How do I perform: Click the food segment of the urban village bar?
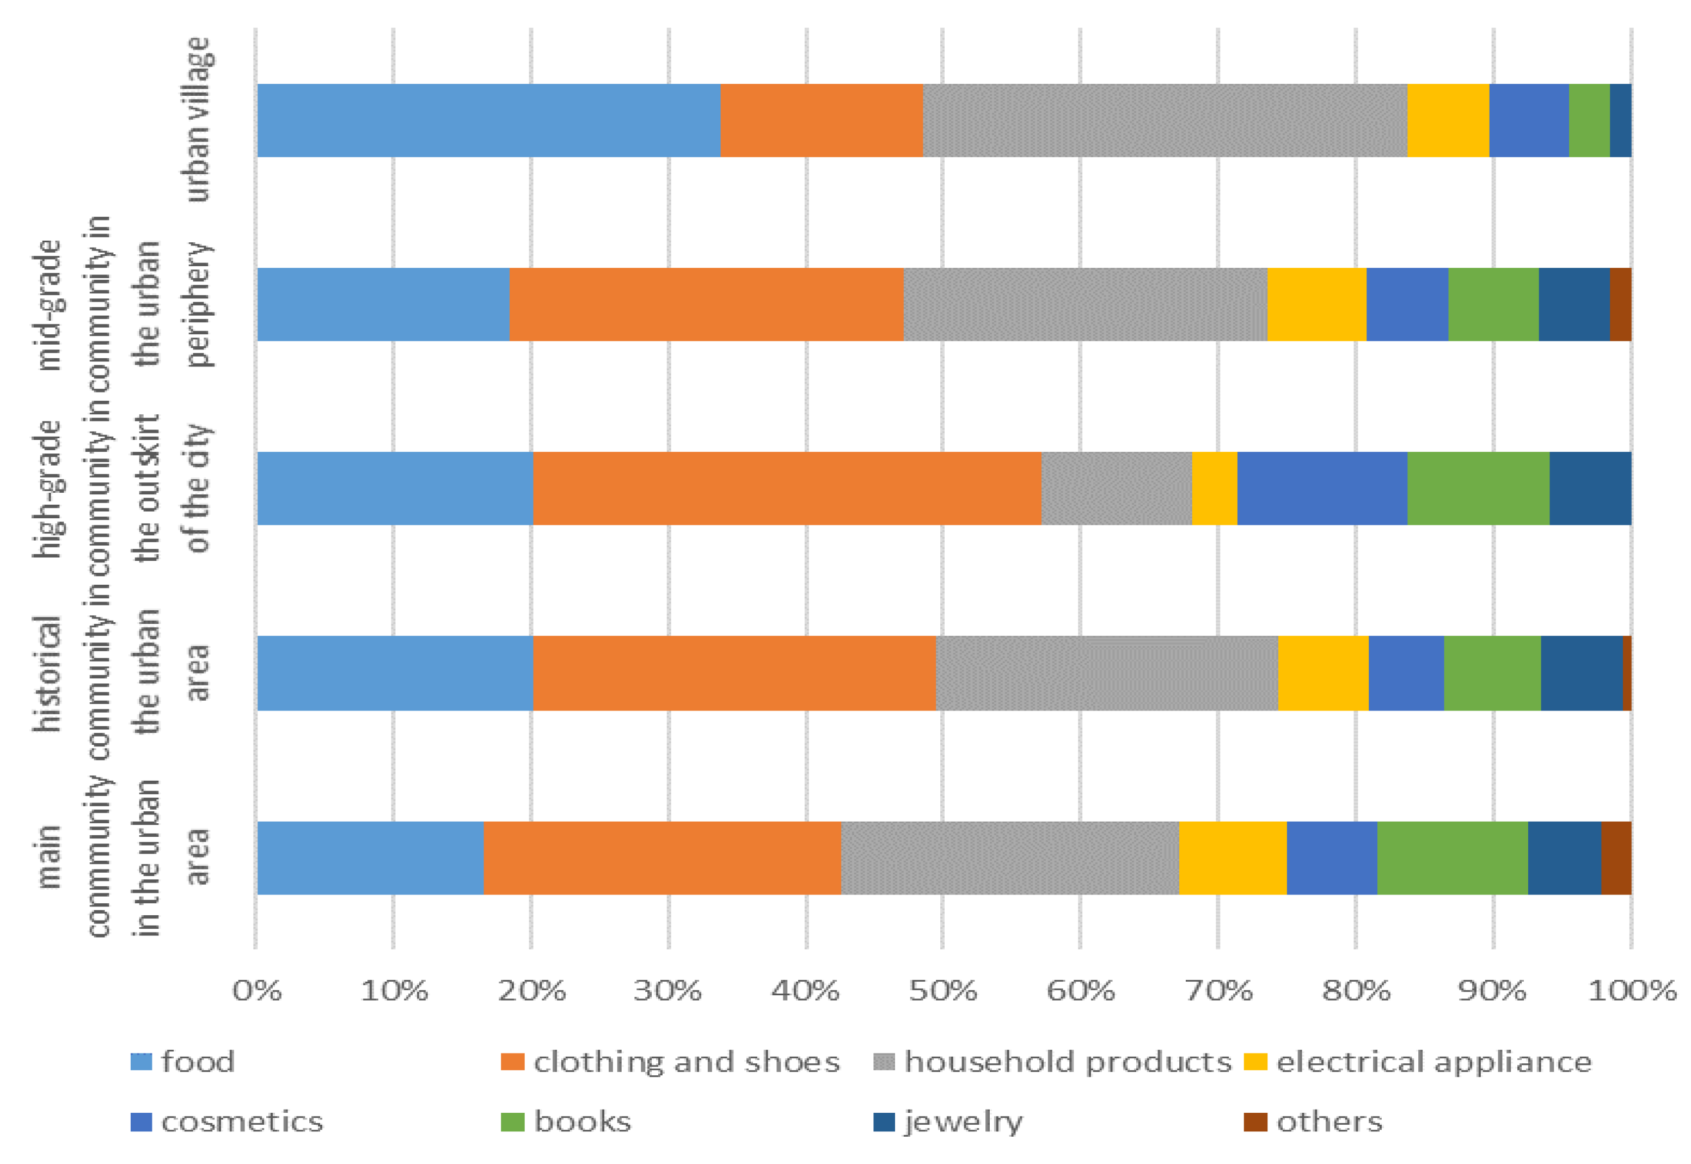[488, 120]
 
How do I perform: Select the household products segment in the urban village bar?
[1165, 120]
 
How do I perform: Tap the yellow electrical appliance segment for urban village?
[1448, 120]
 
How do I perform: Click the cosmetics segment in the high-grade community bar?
[1321, 488]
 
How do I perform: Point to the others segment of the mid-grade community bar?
[1620, 304]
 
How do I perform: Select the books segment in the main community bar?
[1452, 857]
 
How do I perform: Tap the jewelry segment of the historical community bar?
[1581, 672]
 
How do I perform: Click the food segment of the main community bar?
[370, 857]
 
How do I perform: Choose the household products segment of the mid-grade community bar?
[1085, 304]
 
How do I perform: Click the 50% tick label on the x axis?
[942, 990]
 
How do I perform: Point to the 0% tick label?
[256, 990]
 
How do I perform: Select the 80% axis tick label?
[1356, 990]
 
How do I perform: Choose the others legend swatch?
[1255, 1122]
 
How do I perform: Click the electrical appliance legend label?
[1433, 1062]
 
